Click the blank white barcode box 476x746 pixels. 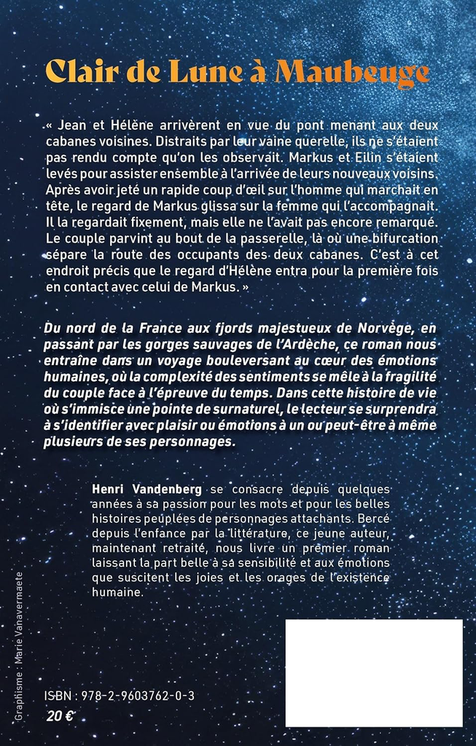pyautogui.click(x=373, y=672)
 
